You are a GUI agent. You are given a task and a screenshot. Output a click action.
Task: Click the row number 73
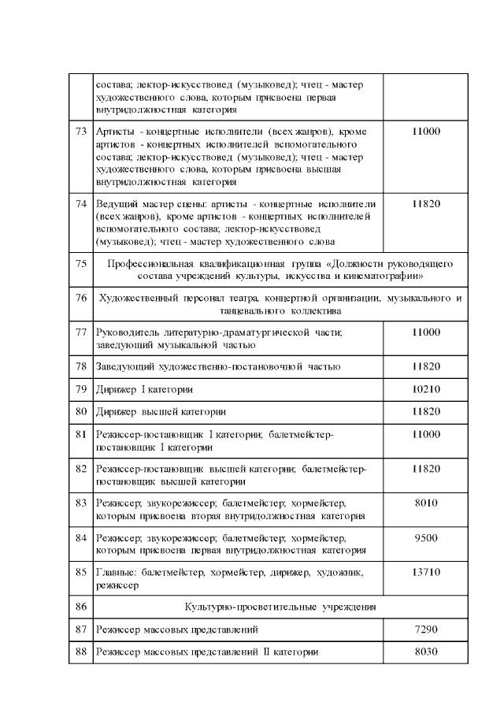pyautogui.click(x=80, y=131)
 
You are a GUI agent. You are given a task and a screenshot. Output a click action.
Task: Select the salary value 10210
pyautogui.click(x=425, y=389)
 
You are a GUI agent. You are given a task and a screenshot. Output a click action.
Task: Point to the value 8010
pyautogui.click(x=425, y=503)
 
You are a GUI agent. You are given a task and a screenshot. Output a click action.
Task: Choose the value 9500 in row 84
pyautogui.click(x=425, y=537)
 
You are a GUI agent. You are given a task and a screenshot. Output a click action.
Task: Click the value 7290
pyautogui.click(x=425, y=629)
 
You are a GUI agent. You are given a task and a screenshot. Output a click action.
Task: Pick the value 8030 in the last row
pyautogui.click(x=425, y=652)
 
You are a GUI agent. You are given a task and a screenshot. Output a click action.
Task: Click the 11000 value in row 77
pyautogui.click(x=425, y=332)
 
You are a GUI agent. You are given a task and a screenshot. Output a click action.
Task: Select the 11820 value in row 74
pyautogui.click(x=425, y=203)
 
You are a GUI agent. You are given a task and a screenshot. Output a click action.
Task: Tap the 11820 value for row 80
pyautogui.click(x=425, y=411)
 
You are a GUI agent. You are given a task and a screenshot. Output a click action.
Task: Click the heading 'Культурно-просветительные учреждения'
pyautogui.click(x=280, y=607)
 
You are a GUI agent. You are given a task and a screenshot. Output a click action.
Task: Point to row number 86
pyautogui.click(x=80, y=607)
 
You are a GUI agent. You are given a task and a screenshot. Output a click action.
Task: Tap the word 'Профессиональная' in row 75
pyautogui.click(x=150, y=263)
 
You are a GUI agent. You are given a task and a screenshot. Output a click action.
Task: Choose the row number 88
pyautogui.click(x=80, y=652)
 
